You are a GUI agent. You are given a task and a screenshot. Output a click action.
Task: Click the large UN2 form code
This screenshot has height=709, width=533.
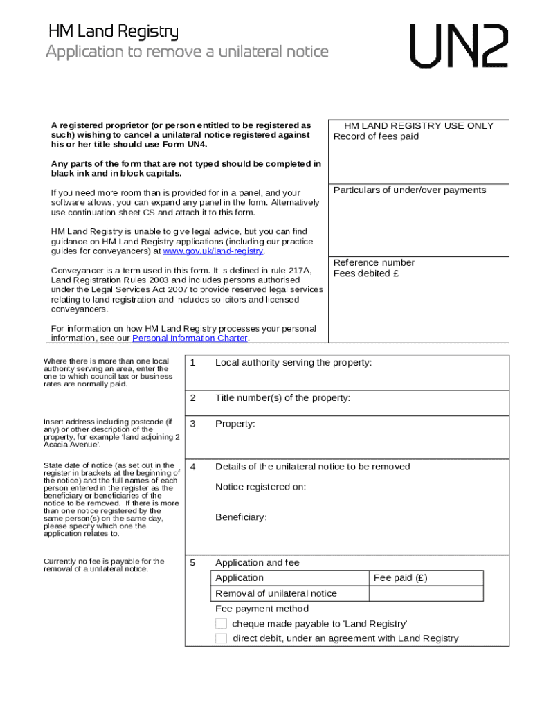(x=459, y=46)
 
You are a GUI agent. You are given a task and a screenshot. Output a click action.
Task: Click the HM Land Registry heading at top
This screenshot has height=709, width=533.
(x=113, y=32)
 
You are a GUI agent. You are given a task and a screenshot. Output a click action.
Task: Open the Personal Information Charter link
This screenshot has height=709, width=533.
(x=190, y=339)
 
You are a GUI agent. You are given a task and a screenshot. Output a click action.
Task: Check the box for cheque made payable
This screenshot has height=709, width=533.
(x=221, y=624)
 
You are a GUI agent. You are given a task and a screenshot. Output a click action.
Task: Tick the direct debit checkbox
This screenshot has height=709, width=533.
(x=221, y=638)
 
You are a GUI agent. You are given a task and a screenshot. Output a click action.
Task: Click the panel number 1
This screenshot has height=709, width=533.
(x=193, y=363)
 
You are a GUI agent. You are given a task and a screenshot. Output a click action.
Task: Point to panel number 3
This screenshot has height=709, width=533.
(x=193, y=424)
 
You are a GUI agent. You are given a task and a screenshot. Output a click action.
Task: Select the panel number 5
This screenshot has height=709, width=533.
(x=193, y=563)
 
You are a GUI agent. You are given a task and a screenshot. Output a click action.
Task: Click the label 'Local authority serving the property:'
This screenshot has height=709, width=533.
(x=293, y=362)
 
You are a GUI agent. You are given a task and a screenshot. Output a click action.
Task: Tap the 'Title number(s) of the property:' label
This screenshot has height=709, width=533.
(x=282, y=398)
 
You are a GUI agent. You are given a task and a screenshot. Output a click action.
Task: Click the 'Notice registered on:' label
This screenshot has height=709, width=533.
(x=261, y=487)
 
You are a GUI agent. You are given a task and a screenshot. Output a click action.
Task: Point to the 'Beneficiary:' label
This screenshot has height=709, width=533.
(x=241, y=517)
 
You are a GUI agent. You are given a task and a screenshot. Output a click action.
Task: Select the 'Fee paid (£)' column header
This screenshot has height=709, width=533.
(x=401, y=578)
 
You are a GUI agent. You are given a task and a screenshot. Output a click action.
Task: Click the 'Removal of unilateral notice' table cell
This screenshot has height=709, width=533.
(x=276, y=593)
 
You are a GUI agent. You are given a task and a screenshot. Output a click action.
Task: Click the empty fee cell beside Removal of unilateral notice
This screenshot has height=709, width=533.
(x=426, y=593)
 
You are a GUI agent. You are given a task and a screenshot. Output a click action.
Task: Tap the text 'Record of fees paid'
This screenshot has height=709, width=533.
(x=376, y=136)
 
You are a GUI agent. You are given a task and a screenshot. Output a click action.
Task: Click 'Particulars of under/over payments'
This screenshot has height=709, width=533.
(x=410, y=190)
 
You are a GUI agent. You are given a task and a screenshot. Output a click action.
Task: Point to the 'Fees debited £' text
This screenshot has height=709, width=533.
(x=367, y=273)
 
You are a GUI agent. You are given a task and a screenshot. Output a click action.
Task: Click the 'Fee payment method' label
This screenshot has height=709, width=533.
(x=262, y=609)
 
